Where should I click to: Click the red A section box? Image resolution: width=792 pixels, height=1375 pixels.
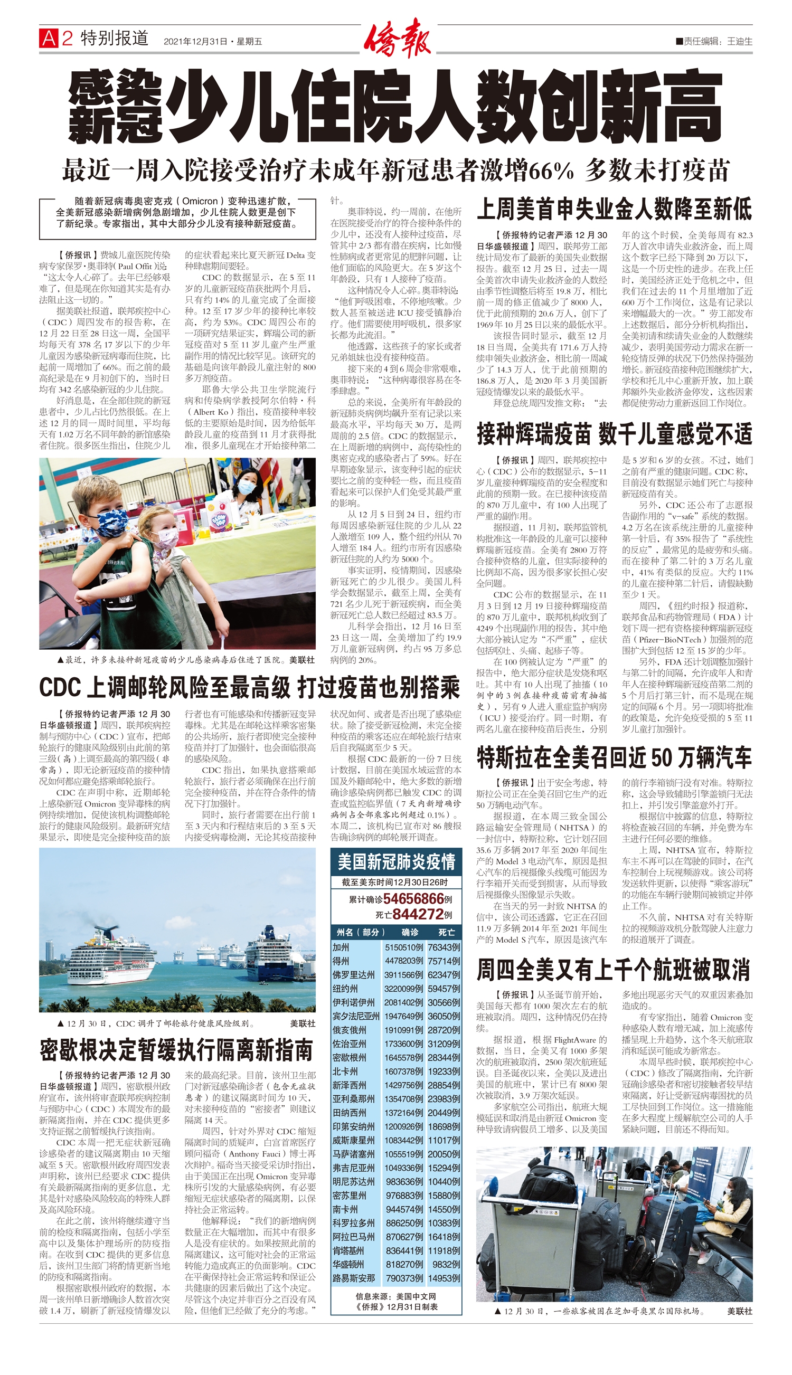49,39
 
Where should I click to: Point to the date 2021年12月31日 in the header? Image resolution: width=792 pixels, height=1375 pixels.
195,41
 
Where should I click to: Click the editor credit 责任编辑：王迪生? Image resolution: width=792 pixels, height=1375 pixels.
714,41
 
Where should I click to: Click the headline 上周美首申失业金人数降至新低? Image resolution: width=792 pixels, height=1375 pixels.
614,210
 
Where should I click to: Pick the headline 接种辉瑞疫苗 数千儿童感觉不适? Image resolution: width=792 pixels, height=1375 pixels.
614,434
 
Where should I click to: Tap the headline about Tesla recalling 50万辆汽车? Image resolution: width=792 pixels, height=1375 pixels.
614,758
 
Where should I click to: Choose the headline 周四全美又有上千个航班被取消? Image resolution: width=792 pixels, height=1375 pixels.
614,970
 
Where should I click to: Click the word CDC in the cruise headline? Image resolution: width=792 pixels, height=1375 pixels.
60,688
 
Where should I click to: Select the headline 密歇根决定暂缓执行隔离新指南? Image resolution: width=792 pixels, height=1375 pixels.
177,1050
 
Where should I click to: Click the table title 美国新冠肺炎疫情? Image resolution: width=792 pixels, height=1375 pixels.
396,862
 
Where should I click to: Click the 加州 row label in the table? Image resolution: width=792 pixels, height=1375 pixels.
342,947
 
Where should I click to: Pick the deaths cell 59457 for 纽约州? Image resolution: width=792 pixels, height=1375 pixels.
443,989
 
